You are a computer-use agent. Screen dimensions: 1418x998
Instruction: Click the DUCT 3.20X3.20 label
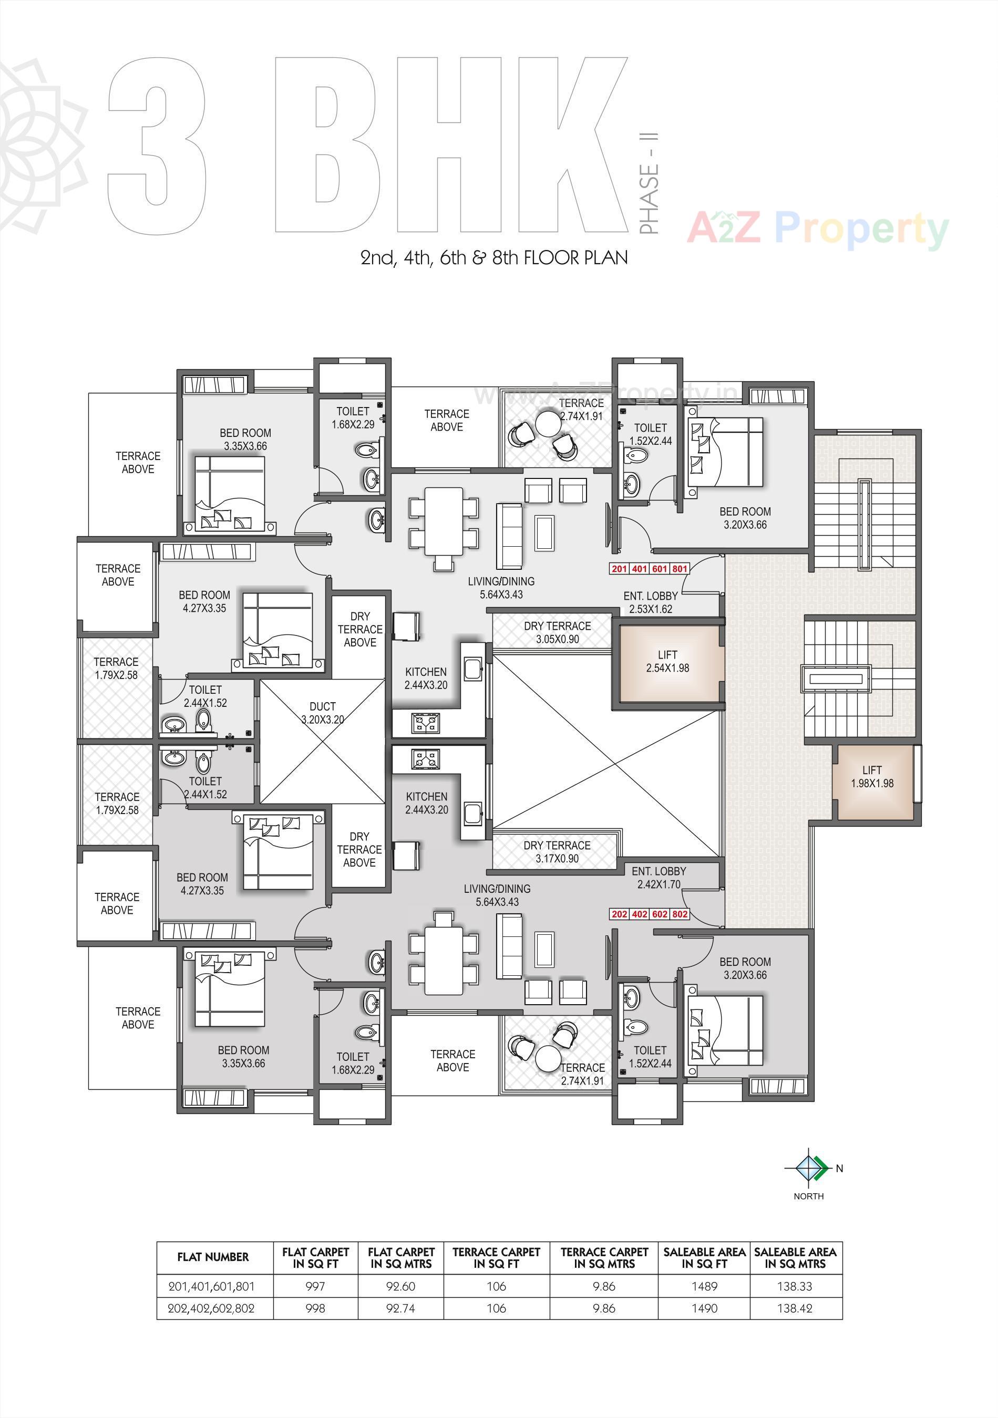click(323, 713)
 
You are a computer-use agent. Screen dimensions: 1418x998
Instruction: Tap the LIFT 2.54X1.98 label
click(667, 661)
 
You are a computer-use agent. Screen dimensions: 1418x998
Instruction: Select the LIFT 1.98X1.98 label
click(872, 776)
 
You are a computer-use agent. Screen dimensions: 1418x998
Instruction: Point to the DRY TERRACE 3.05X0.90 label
click(557, 632)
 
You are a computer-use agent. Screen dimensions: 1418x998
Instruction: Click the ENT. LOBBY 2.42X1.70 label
click(659, 878)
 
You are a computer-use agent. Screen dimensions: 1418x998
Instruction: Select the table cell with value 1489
click(704, 1287)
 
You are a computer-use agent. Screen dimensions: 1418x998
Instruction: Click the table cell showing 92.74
click(400, 1308)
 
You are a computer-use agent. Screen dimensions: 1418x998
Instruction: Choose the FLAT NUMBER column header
click(213, 1257)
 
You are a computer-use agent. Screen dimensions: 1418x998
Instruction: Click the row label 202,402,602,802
click(211, 1308)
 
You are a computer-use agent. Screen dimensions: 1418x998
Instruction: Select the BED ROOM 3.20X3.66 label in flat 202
click(745, 968)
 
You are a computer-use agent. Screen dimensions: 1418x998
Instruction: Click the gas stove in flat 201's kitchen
click(426, 723)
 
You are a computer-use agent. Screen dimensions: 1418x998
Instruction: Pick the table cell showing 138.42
click(795, 1308)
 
